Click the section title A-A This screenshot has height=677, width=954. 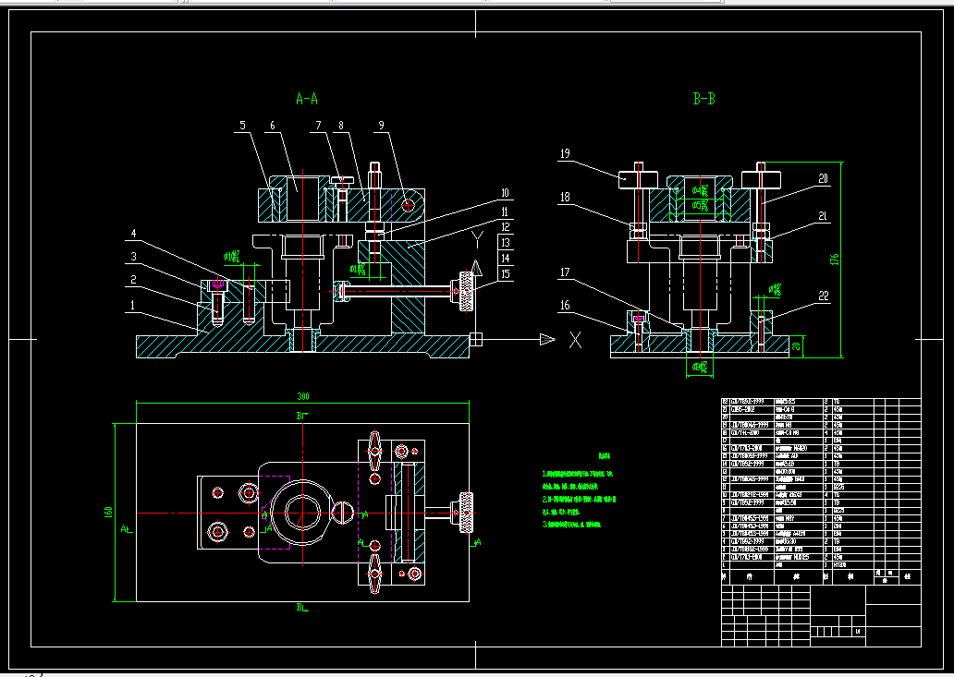[x=307, y=98]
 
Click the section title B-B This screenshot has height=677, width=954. [x=704, y=98]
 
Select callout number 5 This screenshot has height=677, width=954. [x=242, y=125]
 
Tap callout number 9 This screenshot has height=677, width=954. [x=381, y=125]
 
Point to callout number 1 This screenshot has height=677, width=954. [x=133, y=304]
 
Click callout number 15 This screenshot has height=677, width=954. [x=505, y=274]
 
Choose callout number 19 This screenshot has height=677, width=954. [x=566, y=154]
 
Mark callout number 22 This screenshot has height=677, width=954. [x=824, y=296]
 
